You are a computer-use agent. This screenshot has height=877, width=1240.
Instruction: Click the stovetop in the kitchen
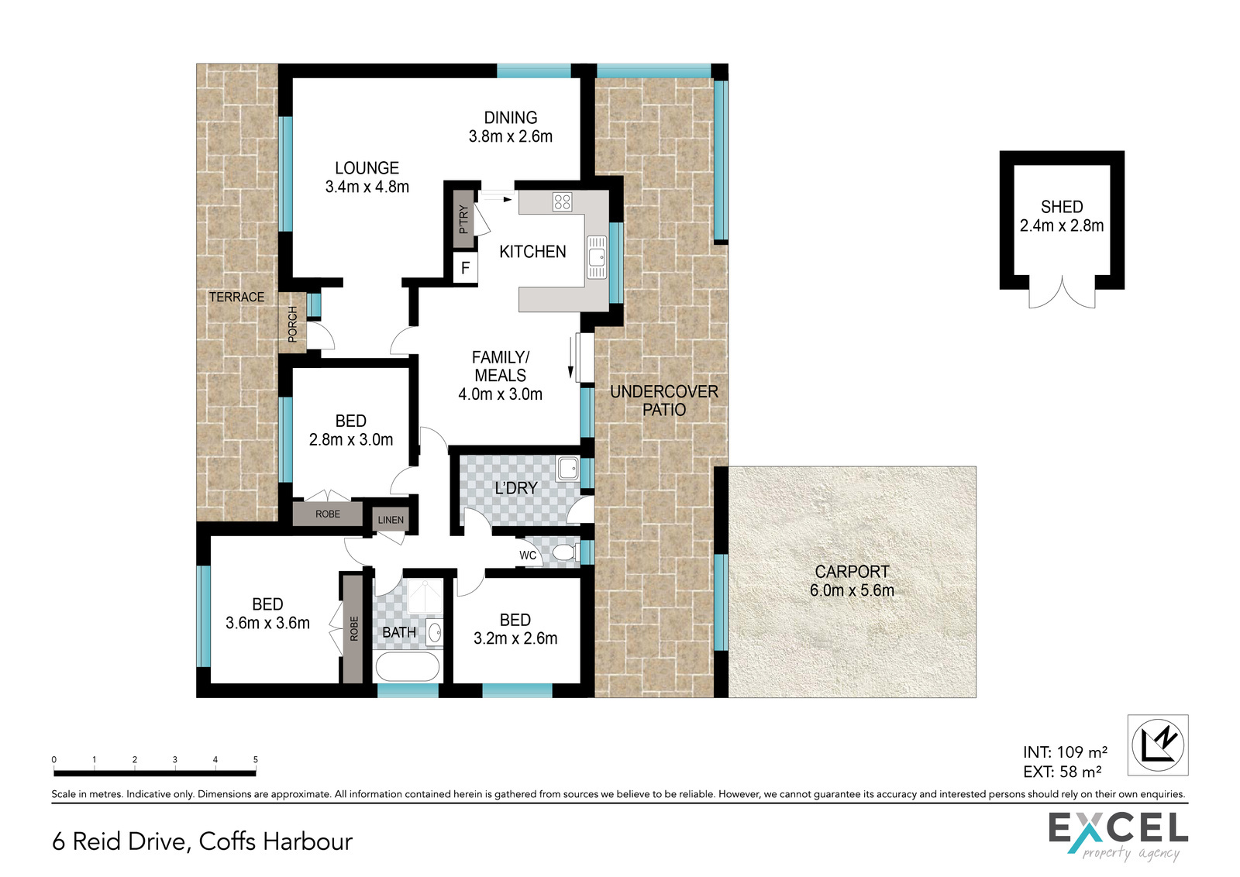point(562,202)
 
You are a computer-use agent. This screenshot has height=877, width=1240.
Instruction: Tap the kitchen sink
point(597,256)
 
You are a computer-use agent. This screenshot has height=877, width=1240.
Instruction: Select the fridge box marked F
point(465,268)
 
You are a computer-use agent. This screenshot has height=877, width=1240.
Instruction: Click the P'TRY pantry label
point(463,219)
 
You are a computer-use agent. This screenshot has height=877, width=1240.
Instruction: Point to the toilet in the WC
point(566,552)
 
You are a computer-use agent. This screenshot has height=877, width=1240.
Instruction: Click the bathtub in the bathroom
point(408,667)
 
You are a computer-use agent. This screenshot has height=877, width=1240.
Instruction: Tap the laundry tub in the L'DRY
point(567,469)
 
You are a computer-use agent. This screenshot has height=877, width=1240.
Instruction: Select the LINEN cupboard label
point(391,520)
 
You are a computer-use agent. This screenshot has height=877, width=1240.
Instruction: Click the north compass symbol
point(1158,745)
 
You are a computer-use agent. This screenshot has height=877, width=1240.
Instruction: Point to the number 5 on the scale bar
point(255,760)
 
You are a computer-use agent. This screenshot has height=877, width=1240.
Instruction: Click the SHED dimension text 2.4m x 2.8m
point(1062,225)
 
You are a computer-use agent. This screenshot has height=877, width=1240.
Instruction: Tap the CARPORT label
point(852,572)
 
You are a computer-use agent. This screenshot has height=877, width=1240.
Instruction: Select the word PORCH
point(292,324)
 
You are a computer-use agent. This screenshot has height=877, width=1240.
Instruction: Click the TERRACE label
point(236,297)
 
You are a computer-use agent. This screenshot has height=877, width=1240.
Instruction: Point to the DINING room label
point(511,117)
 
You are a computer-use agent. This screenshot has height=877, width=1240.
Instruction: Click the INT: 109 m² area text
point(1065,752)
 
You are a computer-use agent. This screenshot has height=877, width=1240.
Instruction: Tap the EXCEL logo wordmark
point(1118,828)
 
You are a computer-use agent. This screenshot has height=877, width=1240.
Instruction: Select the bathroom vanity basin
point(435,632)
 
